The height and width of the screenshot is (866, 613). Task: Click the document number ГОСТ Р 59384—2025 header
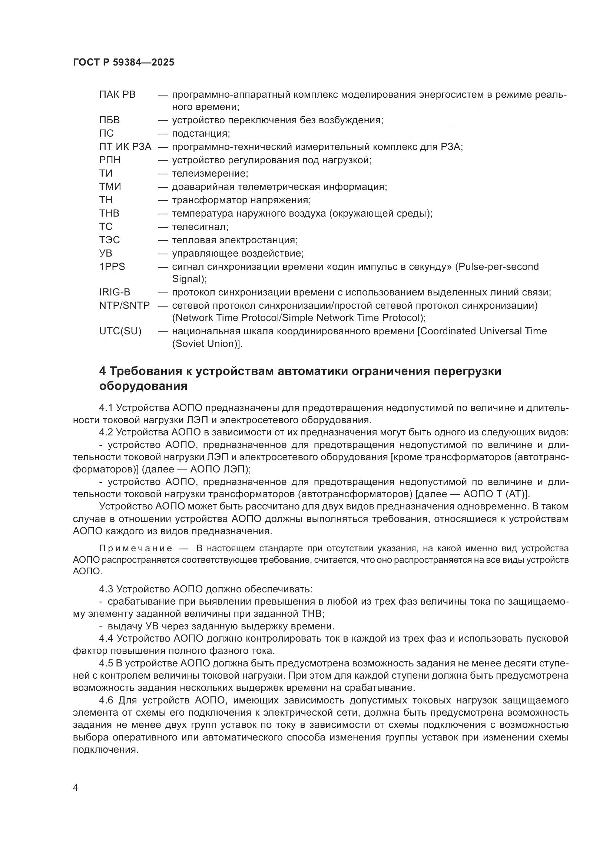coord(123,63)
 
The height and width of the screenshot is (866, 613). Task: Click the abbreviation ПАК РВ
coord(117,94)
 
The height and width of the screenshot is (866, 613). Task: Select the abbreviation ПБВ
coord(109,120)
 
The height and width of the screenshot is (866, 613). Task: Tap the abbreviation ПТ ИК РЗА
coord(125,147)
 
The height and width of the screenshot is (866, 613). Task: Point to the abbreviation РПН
coord(109,160)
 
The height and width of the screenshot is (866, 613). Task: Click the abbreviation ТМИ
coord(110,187)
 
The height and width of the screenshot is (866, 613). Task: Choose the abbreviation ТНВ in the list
coord(109,214)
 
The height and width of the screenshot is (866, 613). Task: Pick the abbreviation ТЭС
coord(109,240)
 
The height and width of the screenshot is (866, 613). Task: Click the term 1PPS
coord(112,267)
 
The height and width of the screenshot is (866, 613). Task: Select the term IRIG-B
coord(115,292)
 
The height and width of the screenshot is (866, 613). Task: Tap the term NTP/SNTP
coord(124,305)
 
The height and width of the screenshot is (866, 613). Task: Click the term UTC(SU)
coord(120,331)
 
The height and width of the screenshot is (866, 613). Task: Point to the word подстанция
coord(201,134)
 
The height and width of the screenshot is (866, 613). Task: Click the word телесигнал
coord(200,227)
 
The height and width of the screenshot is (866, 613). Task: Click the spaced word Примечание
coord(136,548)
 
